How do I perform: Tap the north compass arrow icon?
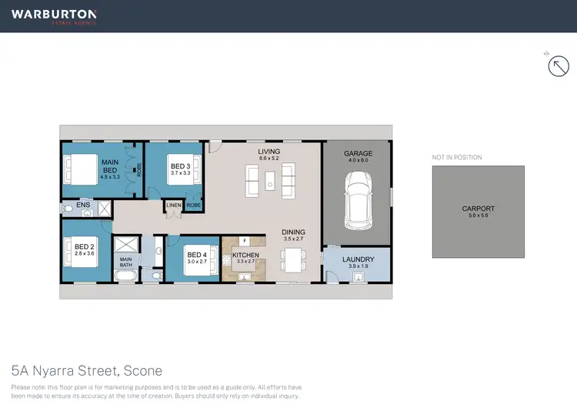[x=558, y=67]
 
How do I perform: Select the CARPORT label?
[x=478, y=209]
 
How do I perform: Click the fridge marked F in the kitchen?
[x=242, y=242]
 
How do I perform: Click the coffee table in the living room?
[x=270, y=181]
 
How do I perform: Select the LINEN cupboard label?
[x=173, y=206]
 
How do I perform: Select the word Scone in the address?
[x=144, y=370]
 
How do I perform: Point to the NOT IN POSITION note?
[x=457, y=157]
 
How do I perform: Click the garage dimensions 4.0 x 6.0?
[x=359, y=160]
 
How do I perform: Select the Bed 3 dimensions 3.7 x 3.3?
[x=180, y=173]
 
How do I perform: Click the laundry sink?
[x=357, y=276]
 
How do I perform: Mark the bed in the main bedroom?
[x=79, y=167]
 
